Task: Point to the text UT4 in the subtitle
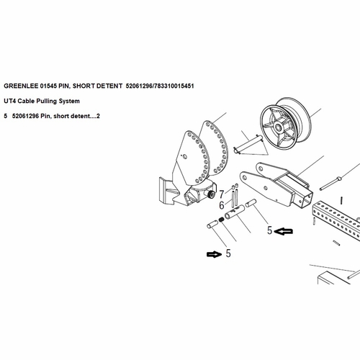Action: (x=10, y=101)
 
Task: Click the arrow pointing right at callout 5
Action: (x=214, y=253)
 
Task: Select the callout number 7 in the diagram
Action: (x=222, y=193)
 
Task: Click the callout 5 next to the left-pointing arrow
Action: (x=269, y=231)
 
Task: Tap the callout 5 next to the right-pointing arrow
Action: (x=229, y=253)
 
